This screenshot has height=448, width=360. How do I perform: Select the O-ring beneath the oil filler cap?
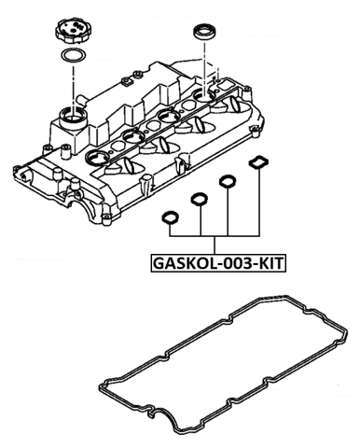(70, 62)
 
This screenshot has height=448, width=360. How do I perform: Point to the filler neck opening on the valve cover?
(72, 117)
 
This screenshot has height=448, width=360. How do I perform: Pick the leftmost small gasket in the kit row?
(171, 217)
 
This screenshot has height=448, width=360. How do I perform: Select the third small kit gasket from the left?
(226, 181)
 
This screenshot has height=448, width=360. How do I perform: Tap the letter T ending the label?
(280, 263)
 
